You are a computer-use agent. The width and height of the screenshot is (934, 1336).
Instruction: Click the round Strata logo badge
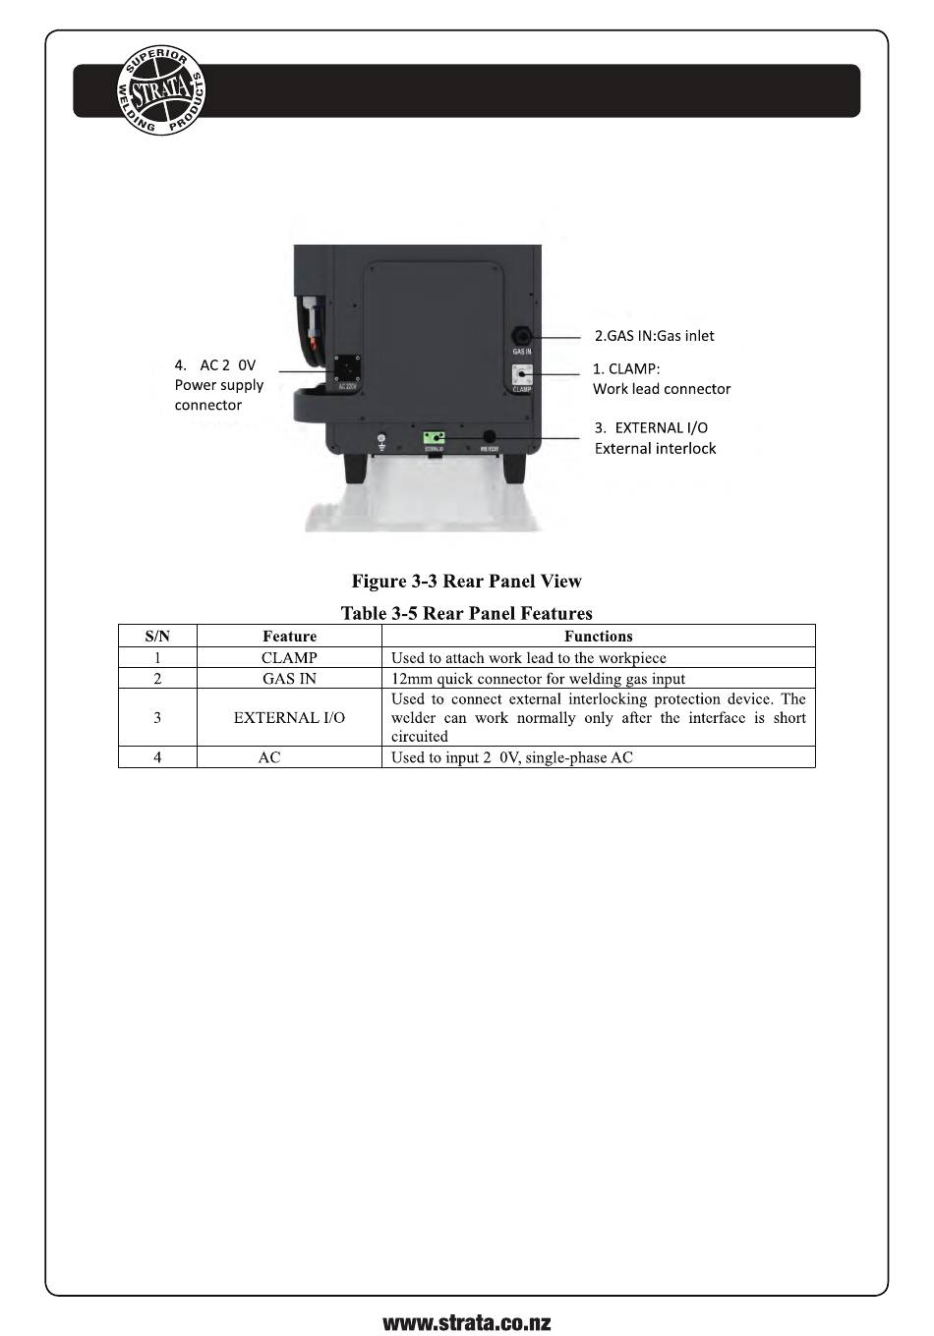161,90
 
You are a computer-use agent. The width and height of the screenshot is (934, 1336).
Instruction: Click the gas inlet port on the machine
521,337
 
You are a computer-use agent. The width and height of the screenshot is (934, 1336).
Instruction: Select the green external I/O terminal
434,437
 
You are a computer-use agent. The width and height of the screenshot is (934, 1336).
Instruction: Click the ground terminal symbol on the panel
381,440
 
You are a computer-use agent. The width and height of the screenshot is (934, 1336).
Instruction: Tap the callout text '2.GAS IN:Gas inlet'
654,336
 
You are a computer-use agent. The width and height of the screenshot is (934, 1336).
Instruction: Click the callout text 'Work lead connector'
662,389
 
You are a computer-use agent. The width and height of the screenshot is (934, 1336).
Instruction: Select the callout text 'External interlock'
655,449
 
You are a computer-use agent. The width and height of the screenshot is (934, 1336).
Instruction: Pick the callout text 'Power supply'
219,385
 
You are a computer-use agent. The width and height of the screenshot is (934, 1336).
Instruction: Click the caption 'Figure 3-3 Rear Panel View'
467,582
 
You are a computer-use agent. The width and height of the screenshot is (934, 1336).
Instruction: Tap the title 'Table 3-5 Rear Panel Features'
467,614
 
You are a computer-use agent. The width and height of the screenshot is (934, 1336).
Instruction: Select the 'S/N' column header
157,637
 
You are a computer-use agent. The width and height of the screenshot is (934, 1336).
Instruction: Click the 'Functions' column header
598,637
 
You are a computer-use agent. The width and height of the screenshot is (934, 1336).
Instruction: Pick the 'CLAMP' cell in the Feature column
289,658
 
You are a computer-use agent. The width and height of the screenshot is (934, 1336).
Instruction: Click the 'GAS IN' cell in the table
289,679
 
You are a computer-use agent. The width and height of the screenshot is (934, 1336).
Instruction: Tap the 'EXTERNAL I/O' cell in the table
289,718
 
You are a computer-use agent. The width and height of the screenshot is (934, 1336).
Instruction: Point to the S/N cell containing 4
157,757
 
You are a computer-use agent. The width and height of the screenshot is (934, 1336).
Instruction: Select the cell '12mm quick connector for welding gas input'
538,679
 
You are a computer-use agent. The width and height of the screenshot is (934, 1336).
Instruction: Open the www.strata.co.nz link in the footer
467,1322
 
